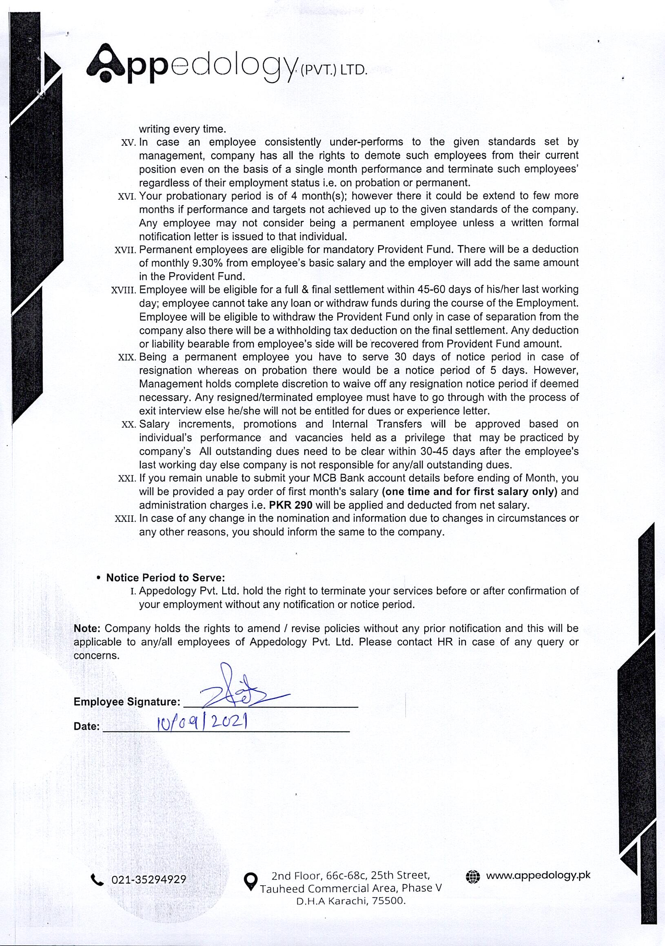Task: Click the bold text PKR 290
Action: click(290, 505)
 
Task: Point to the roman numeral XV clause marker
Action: click(129, 142)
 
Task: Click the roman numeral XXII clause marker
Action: click(125, 519)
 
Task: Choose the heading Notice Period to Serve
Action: click(165, 578)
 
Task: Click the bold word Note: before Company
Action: click(87, 628)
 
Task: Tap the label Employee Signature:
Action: click(126, 702)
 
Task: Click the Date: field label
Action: click(86, 727)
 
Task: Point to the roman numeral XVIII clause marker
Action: click(124, 290)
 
